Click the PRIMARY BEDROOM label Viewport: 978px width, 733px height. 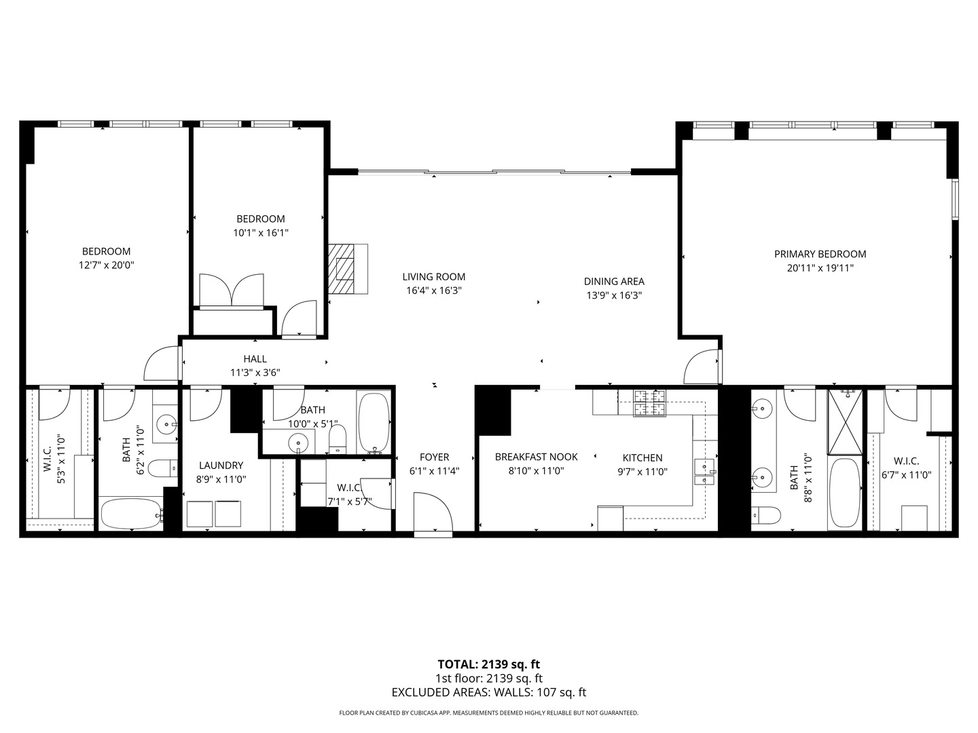click(820, 254)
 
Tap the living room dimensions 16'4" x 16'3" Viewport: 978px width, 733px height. click(433, 290)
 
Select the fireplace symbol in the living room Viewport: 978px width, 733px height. click(347, 269)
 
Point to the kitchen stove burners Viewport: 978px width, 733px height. click(650, 403)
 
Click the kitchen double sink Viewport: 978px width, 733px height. click(704, 472)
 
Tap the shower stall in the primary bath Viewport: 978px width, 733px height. click(844, 422)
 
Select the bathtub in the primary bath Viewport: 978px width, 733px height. click(844, 493)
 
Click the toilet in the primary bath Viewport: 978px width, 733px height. click(765, 516)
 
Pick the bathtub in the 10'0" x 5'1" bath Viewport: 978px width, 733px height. click(374, 422)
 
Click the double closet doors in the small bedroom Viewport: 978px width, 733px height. click(232, 292)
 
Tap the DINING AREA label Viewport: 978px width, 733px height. click(614, 281)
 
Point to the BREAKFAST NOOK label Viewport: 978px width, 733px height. click(536, 457)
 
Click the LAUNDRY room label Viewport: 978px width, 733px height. click(221, 466)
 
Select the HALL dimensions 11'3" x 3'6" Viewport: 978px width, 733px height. click(255, 372)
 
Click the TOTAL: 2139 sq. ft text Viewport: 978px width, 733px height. click(488, 664)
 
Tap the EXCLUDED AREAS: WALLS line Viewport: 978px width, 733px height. click(488, 692)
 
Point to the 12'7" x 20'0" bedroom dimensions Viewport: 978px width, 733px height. click(106, 265)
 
